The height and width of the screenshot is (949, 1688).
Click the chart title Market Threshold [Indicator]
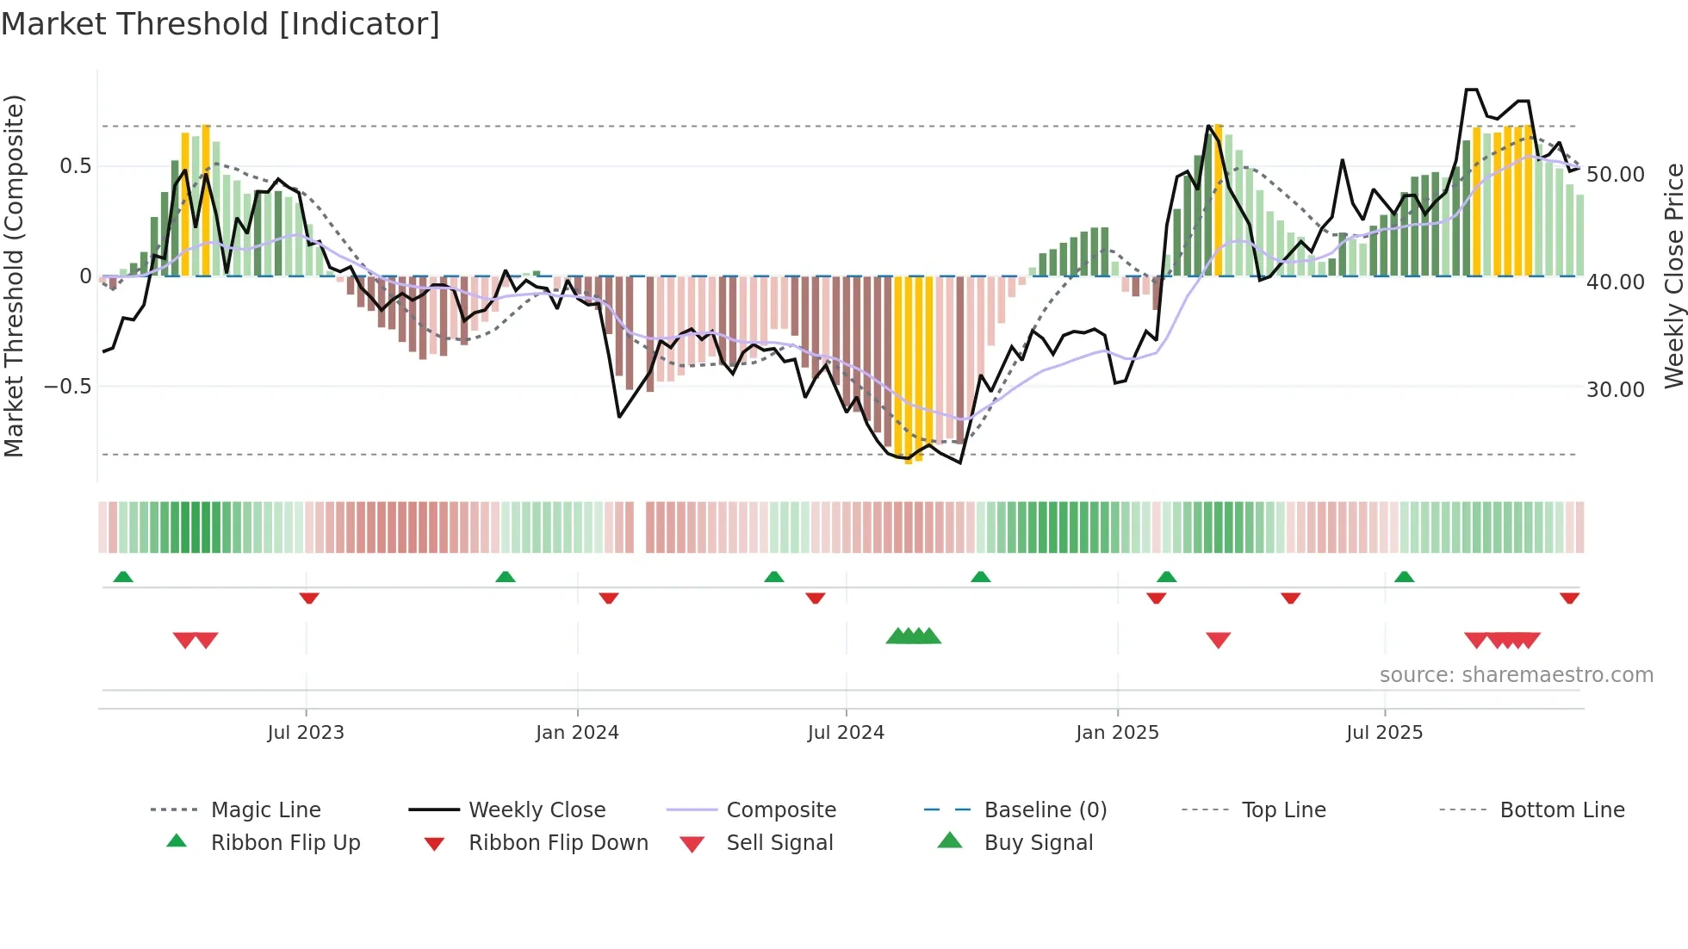pos(220,24)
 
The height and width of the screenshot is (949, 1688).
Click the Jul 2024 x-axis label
pos(846,733)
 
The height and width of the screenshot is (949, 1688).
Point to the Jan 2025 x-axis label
pos(1117,733)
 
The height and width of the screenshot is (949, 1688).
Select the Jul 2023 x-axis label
pos(306,733)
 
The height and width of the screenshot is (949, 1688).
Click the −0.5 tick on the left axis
pos(68,387)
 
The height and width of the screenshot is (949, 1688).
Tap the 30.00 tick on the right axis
pos(1615,390)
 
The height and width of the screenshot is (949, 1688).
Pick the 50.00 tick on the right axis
pos(1615,175)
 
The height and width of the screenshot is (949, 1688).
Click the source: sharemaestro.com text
pos(1516,675)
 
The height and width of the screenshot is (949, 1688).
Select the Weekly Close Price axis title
pos(1673,276)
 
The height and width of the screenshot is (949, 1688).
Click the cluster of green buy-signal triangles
pos(914,637)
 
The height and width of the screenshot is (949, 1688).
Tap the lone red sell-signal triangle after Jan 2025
pos(1218,640)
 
